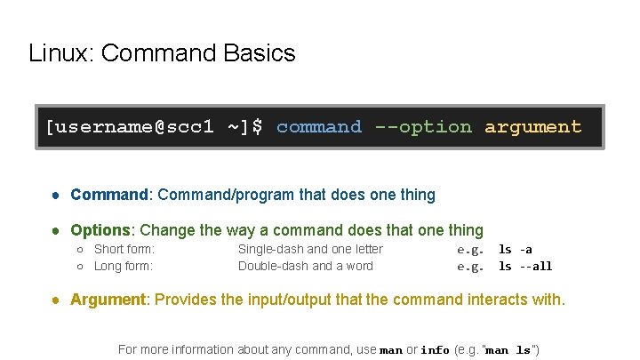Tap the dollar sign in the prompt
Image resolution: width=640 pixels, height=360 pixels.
coord(258,127)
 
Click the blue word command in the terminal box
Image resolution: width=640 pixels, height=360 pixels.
coord(319,127)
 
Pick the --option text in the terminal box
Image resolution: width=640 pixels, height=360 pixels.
coord(423,127)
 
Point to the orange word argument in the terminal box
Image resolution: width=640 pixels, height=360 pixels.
coord(533,127)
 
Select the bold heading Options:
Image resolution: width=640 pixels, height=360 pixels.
coord(103,230)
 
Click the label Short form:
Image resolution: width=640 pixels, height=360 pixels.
coord(124,250)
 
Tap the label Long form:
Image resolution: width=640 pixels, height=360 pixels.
coord(124,266)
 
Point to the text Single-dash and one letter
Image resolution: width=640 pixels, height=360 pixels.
coord(310,250)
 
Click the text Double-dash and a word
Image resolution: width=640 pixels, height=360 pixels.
coord(305,266)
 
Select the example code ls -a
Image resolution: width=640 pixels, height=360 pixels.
coord(515,250)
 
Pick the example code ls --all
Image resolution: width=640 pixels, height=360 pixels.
coord(524,266)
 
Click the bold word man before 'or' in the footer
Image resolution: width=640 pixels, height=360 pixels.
coord(391,350)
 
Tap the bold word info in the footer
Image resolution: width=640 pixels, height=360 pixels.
coord(435,350)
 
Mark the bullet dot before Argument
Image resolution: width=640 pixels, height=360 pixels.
coord(56,300)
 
